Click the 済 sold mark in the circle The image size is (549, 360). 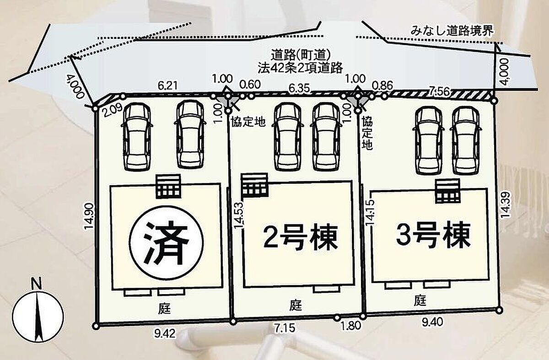(167, 242)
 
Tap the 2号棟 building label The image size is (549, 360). (301, 237)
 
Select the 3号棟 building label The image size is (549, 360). (433, 235)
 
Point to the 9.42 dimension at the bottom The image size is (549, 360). (165, 333)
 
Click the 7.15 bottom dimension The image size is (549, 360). (285, 328)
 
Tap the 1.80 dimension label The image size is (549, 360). (351, 326)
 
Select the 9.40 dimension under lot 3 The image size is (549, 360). (433, 322)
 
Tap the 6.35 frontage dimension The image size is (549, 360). (300, 88)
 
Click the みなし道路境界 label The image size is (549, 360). (452, 32)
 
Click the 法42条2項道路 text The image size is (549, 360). (300, 68)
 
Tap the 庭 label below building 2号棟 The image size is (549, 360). (296, 306)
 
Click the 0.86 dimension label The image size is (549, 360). (382, 85)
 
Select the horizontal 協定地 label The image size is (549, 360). (248, 122)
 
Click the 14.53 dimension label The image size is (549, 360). (239, 215)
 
